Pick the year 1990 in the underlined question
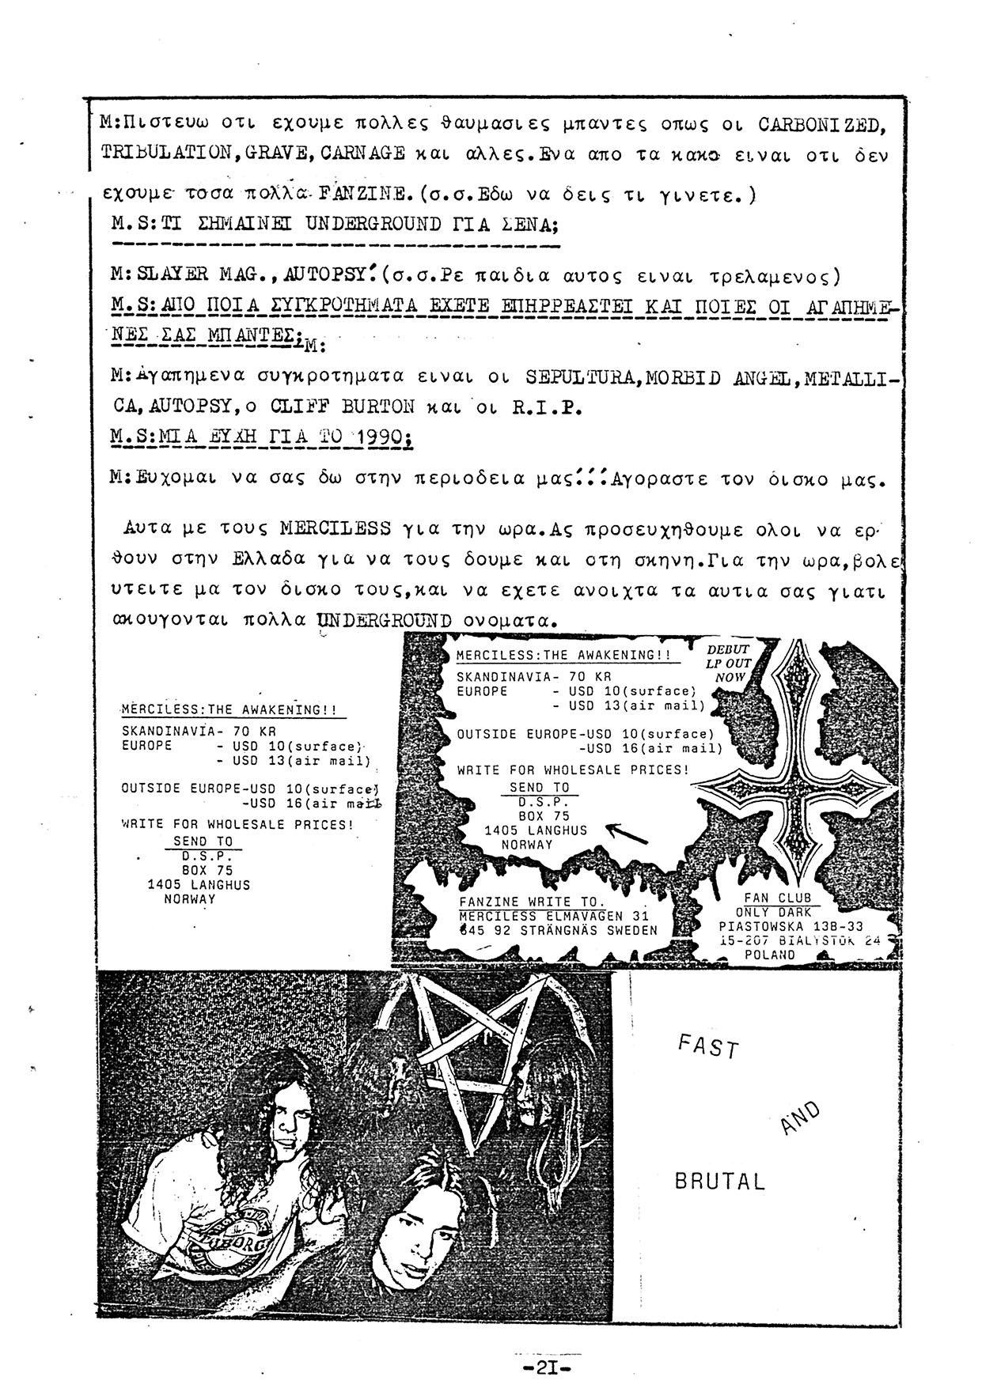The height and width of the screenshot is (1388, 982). point(383,438)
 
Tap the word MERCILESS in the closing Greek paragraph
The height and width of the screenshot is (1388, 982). point(336,527)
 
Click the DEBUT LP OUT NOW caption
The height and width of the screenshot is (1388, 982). point(728,663)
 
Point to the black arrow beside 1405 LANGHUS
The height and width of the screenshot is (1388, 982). point(626,832)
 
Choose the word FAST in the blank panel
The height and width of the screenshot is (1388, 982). point(708,1048)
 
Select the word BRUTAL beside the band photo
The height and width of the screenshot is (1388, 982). point(720,1182)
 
